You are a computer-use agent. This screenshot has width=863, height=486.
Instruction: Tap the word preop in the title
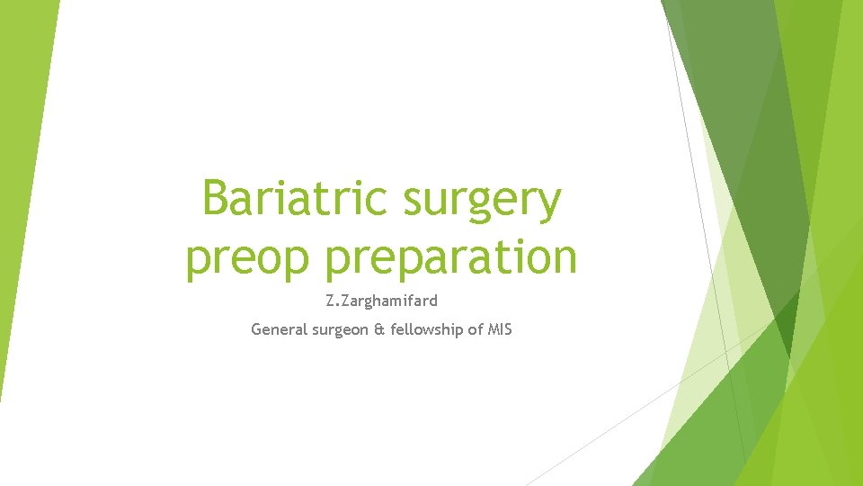tap(249, 258)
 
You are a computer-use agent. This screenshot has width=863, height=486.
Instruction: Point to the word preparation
tap(451, 258)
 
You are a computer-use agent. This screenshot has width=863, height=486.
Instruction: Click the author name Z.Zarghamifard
tap(381, 301)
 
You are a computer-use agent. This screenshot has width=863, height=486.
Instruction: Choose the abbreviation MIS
tap(499, 329)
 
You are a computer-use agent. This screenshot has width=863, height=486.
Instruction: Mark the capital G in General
tap(256, 329)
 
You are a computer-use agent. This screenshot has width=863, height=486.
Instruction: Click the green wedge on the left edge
tap(22, 180)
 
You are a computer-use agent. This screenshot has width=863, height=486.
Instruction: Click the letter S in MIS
tap(508, 329)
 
